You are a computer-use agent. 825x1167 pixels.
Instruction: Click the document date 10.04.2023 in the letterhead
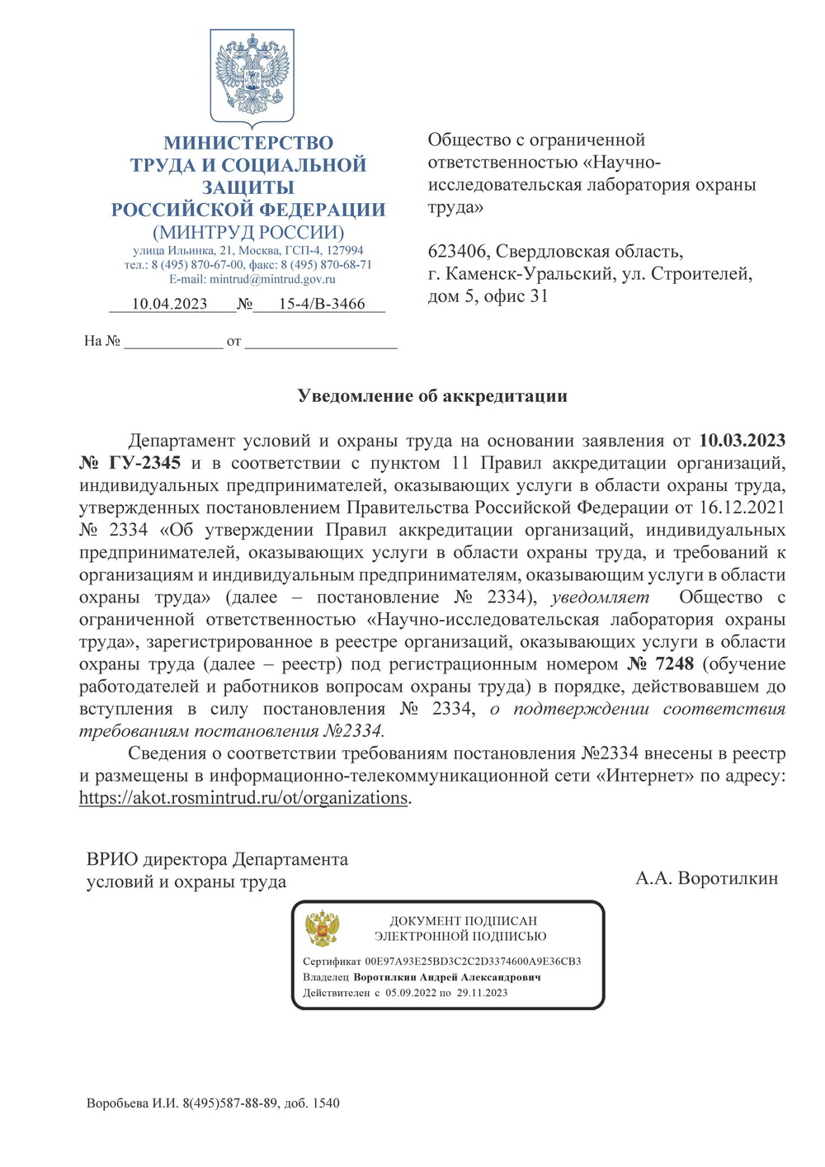[x=169, y=304]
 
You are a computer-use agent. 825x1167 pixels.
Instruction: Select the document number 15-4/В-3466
[x=321, y=304]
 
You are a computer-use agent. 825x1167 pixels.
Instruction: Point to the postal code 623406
[x=457, y=252]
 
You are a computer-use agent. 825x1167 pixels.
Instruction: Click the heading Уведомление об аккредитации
[x=432, y=396]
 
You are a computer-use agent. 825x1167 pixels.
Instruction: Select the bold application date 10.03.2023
[x=742, y=441]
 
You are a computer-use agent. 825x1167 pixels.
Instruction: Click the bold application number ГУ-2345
[x=144, y=463]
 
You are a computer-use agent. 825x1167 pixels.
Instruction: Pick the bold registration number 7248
[x=674, y=664]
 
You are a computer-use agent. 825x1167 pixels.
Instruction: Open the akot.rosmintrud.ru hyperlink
[x=243, y=798]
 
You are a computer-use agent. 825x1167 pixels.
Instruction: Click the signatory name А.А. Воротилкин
[x=707, y=878]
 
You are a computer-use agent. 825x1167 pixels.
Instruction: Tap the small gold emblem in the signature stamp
[x=323, y=928]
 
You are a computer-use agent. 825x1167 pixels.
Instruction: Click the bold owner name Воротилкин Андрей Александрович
[x=447, y=977]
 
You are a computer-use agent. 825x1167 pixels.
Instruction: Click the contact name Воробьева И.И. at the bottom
[x=132, y=1103]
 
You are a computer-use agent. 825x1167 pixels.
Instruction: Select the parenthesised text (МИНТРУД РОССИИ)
[x=248, y=233]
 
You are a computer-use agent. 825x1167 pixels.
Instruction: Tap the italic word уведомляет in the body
[x=600, y=598]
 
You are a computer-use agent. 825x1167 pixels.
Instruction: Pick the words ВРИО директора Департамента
[x=217, y=860]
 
